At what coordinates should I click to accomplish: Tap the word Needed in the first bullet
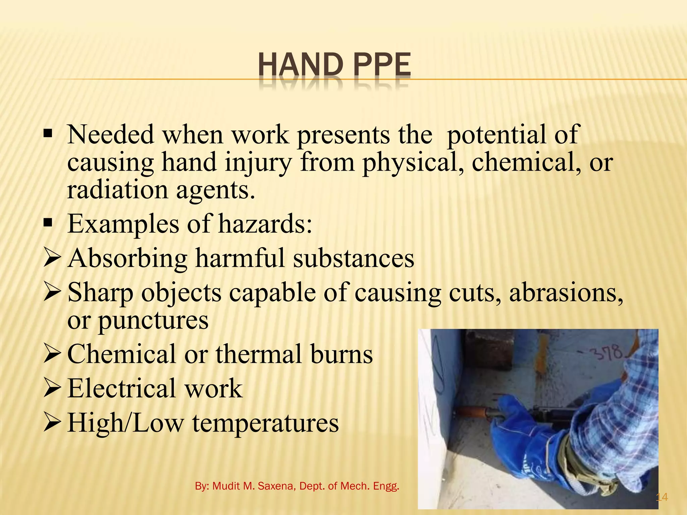point(111,135)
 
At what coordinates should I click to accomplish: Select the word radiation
point(117,190)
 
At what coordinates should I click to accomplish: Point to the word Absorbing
point(127,259)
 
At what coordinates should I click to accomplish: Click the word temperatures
point(265,423)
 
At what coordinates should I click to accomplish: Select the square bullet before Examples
point(48,223)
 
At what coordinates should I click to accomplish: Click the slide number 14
point(662,497)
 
